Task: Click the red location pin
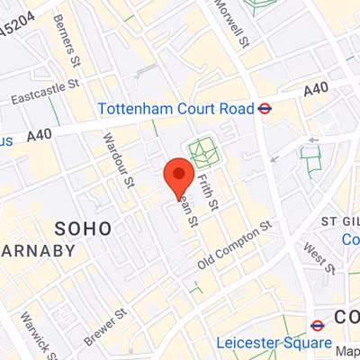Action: [178, 174]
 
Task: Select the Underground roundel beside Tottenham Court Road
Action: [265, 109]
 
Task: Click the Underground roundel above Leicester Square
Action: [318, 325]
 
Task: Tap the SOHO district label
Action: [84, 227]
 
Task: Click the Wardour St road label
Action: [118, 159]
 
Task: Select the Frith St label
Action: [208, 192]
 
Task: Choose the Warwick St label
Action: [32, 334]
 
